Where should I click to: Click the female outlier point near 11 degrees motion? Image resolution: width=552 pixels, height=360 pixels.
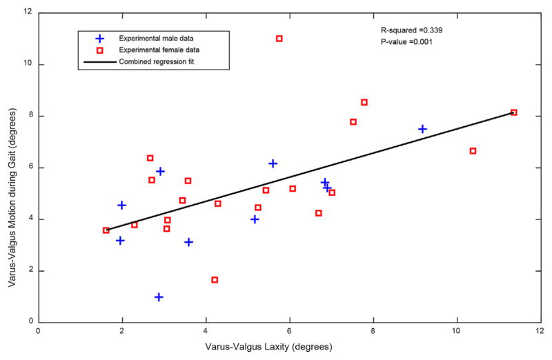[x=279, y=39]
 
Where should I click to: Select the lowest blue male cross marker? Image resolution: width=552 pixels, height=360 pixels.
[x=159, y=297]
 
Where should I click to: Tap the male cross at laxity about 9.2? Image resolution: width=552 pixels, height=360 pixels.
[x=422, y=129]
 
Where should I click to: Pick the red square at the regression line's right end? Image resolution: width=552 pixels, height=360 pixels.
[x=513, y=112]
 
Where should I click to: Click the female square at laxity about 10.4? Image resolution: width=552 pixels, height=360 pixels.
[x=473, y=151]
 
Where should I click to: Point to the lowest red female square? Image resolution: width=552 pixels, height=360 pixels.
[x=215, y=280]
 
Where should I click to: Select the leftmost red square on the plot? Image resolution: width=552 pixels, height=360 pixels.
[x=106, y=230]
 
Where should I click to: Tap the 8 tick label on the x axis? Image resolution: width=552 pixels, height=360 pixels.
[x=373, y=331]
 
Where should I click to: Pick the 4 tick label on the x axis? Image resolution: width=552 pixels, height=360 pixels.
[x=206, y=331]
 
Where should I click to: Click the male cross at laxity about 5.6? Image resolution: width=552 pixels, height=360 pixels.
[x=273, y=163]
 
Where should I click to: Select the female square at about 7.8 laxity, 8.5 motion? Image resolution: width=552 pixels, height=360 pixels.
[x=364, y=102]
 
